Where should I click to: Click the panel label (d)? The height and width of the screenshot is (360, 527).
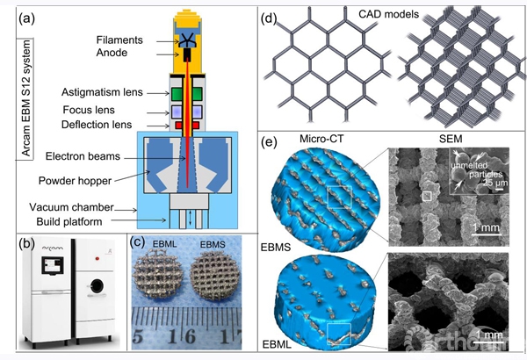[273, 17]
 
